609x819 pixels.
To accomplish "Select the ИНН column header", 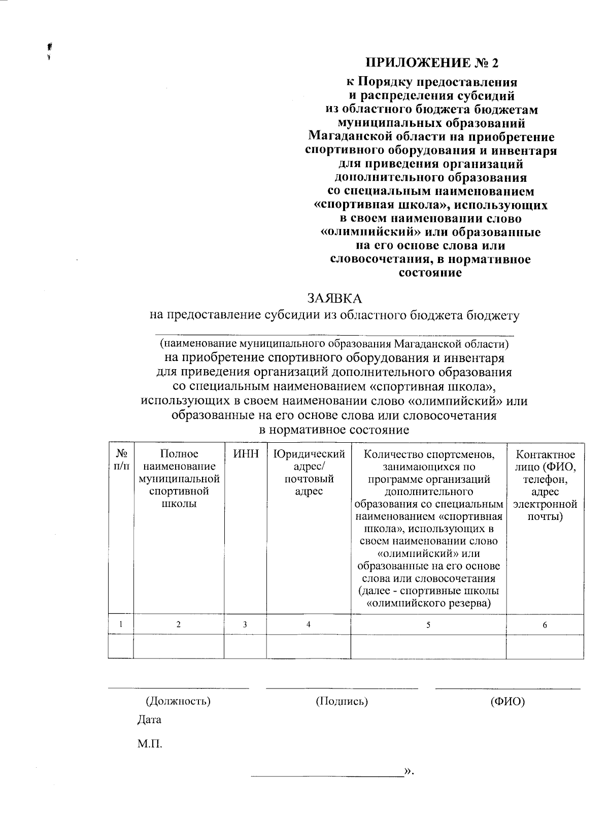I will tap(246, 454).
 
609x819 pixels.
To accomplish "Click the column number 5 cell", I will tap(428, 625).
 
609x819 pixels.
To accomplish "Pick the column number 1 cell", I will tap(121, 625).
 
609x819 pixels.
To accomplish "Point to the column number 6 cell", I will tap(545, 625).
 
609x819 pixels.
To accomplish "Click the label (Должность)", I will tap(178, 701).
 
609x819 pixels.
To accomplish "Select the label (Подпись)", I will tap(342, 701).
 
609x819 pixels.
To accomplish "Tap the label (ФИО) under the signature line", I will tap(507, 701).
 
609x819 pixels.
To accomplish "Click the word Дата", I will tap(149, 719).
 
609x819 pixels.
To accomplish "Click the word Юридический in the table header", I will tap(309, 454).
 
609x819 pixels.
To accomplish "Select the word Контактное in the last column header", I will tap(545, 454).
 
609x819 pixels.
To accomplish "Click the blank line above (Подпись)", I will tap(342, 689).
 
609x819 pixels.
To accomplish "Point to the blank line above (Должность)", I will tap(178, 689).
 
